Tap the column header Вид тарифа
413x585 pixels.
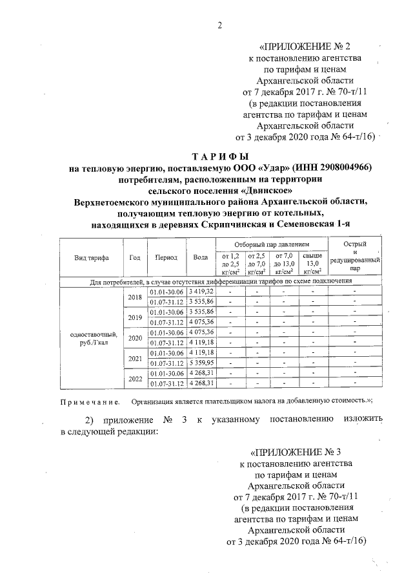pyautogui.click(x=91, y=257)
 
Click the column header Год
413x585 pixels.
pyautogui.click(x=135, y=257)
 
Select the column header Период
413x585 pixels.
pyautogui.click(x=166, y=257)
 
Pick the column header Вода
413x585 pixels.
pyautogui.click(x=200, y=257)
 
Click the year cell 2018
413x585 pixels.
pyautogui.click(x=135, y=297)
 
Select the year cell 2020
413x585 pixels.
pyautogui.click(x=135, y=338)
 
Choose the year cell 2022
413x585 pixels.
pyautogui.click(x=135, y=379)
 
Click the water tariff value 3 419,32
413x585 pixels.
pyautogui.click(x=201, y=292)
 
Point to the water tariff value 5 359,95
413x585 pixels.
pyautogui.click(x=201, y=363)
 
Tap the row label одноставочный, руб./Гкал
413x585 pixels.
pyautogui.click(x=91, y=338)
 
